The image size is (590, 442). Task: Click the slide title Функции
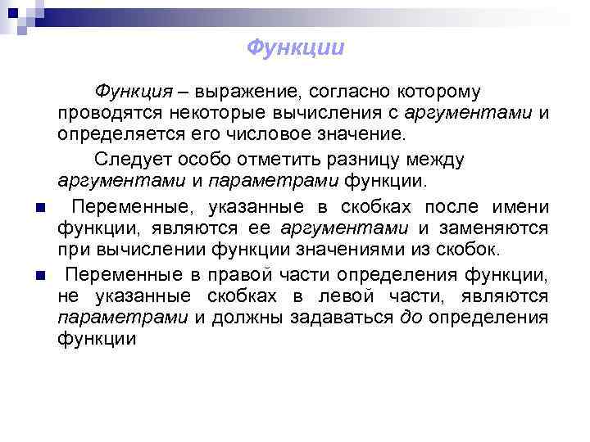point(295,47)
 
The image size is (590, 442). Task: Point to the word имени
point(521,205)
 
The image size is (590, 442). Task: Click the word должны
point(247,317)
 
